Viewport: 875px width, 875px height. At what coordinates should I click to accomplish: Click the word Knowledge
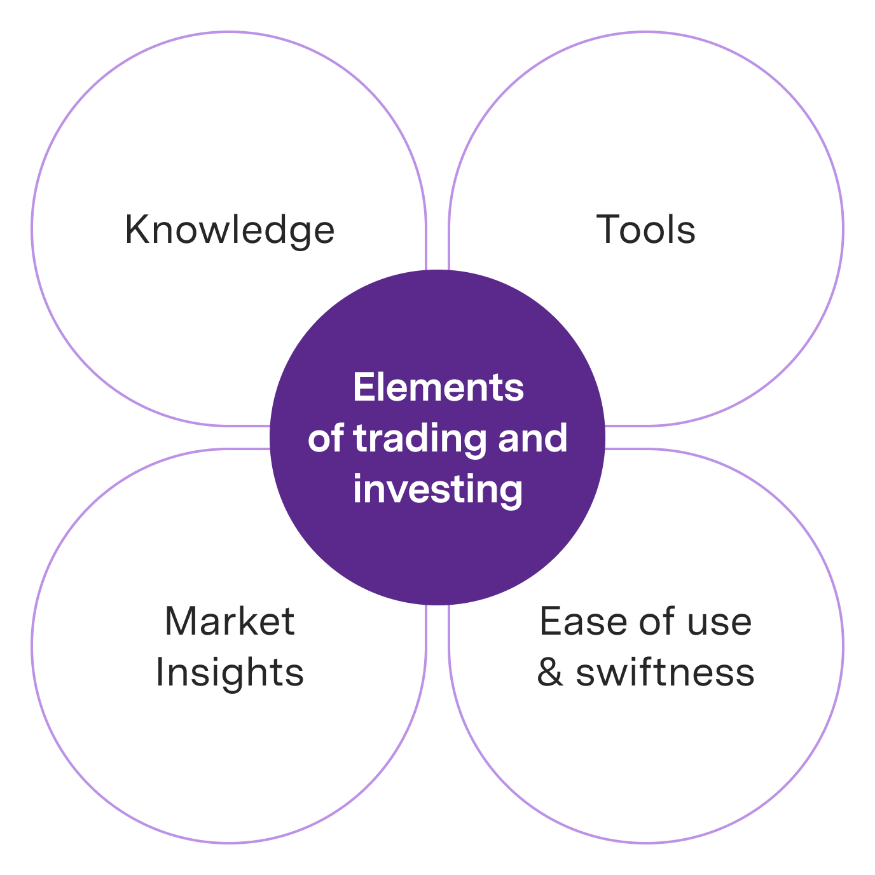point(230,230)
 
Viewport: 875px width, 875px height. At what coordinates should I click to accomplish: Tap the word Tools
point(645,230)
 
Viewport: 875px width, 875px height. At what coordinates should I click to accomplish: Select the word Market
point(230,621)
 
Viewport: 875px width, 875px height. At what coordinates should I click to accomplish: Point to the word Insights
point(230,672)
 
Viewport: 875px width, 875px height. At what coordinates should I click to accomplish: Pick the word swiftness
point(665,672)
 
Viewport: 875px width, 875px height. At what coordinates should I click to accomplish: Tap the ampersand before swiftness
point(550,673)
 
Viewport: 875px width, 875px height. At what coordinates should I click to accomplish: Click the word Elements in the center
point(438,387)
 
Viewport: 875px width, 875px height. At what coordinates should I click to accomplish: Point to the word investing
point(438,490)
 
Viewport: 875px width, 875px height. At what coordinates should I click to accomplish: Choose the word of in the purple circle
point(326,439)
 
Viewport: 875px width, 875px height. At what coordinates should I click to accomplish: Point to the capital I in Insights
point(160,672)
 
